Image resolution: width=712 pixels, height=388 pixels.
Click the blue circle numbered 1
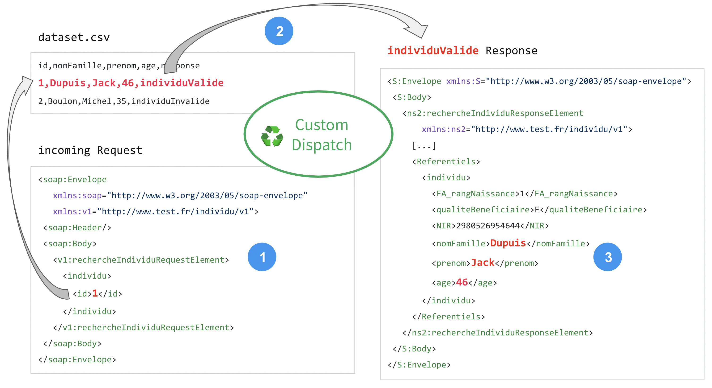tap(262, 257)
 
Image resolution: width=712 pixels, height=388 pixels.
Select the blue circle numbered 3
tap(607, 257)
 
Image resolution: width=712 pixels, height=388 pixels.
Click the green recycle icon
tap(272, 136)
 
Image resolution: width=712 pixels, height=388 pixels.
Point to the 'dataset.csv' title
tap(74, 37)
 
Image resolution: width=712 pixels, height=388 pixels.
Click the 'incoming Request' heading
tap(90, 150)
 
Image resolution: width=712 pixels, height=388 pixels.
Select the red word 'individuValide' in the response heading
tap(433, 51)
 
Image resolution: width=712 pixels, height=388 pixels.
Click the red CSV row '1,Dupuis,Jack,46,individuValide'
tap(131, 83)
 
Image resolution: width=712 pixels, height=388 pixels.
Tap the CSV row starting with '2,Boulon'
tap(123, 101)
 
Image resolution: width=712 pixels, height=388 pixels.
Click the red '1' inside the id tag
tap(95, 293)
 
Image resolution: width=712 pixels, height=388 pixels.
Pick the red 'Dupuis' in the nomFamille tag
tap(508, 243)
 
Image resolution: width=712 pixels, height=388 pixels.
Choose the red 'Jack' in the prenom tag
tap(483, 262)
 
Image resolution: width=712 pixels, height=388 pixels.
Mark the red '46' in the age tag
tap(462, 282)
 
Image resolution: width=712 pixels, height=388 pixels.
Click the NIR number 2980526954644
tap(488, 226)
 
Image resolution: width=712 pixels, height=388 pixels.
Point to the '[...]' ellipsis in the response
tap(424, 145)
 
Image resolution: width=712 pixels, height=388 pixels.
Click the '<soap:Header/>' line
tap(77, 228)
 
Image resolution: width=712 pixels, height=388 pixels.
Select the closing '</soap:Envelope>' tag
tap(77, 359)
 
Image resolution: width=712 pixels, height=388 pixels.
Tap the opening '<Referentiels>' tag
tap(446, 161)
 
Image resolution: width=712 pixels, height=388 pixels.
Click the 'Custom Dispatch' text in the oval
tap(322, 135)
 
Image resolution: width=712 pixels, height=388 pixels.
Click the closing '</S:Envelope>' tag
tap(419, 365)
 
